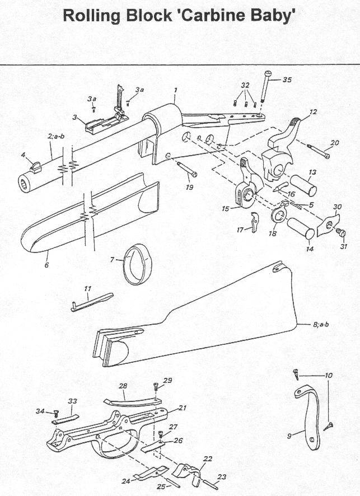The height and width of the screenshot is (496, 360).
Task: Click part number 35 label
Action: [287, 80]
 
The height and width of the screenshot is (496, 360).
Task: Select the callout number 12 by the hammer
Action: [312, 112]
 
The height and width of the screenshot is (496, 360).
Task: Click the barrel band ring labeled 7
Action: [137, 263]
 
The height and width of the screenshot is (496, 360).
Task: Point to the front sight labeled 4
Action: [35, 166]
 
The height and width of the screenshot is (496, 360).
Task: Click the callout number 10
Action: [329, 376]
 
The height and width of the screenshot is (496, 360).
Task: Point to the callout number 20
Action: [334, 143]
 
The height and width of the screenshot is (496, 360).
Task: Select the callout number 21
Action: [183, 408]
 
